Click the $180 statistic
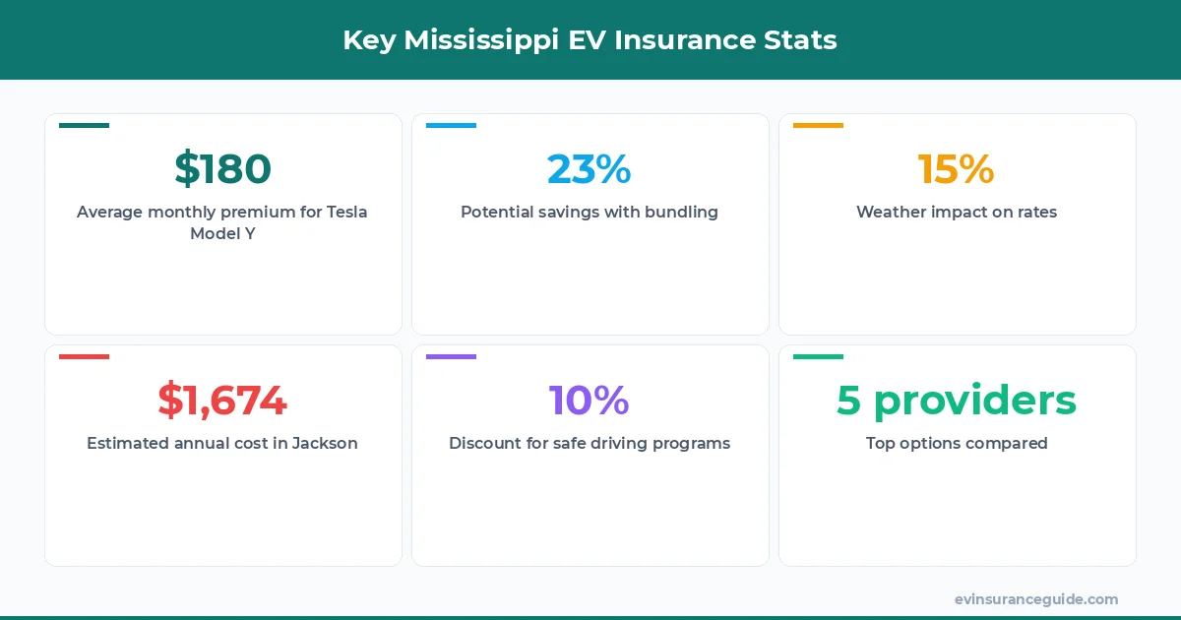click(222, 169)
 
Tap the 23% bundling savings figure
click(590, 169)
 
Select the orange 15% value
click(956, 169)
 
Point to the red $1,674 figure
click(222, 401)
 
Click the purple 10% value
click(590, 401)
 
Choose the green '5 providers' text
click(957, 401)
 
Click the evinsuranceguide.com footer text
click(1036, 599)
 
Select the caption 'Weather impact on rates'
click(957, 212)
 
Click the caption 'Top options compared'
click(957, 443)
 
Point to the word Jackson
click(325, 443)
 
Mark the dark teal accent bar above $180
click(84, 125)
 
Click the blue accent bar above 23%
click(451, 125)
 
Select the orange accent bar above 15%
click(818, 125)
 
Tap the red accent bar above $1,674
click(84, 356)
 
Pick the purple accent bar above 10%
click(451, 356)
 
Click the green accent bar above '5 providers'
click(818, 356)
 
